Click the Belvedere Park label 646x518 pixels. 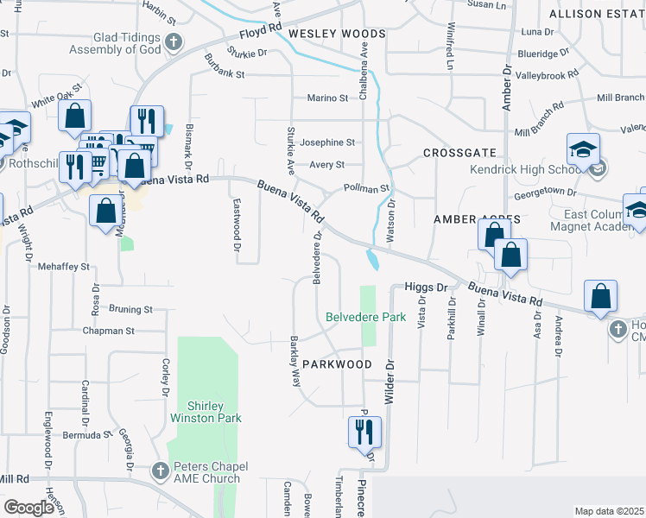click(365, 317)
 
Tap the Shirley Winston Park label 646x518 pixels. click(214, 412)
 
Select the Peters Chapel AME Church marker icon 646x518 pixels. click(160, 471)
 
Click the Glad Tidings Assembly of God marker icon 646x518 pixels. click(174, 41)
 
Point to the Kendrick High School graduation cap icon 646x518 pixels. click(583, 148)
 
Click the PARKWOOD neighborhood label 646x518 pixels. click(337, 364)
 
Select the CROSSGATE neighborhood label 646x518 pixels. click(457, 153)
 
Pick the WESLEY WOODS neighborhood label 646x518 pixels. click(324, 34)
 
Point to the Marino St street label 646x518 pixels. click(326, 98)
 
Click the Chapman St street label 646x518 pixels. click(109, 331)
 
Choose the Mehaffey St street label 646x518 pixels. click(64, 267)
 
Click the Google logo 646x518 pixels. click(29, 508)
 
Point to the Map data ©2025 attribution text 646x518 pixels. click(610, 511)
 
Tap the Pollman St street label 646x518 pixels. click(367, 187)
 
